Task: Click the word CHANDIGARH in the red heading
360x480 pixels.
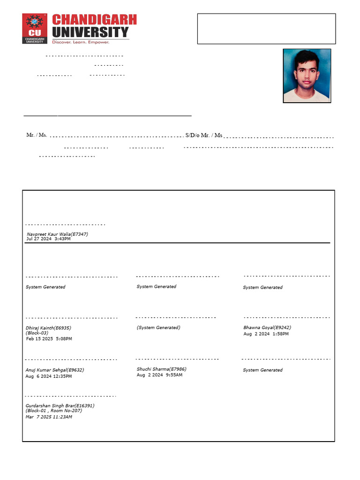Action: (94, 20)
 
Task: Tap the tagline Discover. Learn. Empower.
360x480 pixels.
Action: (81, 42)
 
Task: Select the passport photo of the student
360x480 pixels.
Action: (307, 75)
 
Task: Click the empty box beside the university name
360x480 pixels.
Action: (266, 29)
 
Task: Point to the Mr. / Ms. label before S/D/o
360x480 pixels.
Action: (37, 135)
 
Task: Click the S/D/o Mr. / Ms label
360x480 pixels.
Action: (203, 135)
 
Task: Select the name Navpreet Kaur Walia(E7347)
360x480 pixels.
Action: (57, 234)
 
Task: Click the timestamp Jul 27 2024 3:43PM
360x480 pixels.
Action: (48, 239)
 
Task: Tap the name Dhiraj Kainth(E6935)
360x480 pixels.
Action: (48, 328)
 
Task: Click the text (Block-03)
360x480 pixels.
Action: (37, 333)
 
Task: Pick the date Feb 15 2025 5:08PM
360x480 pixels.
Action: (49, 338)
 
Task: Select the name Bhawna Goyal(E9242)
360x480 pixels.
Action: (267, 328)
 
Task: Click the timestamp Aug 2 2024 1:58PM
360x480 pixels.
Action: (266, 334)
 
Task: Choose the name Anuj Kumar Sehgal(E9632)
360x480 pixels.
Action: (55, 370)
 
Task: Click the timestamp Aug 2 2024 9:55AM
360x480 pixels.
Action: (159, 375)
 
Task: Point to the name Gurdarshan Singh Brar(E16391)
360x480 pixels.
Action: (60, 405)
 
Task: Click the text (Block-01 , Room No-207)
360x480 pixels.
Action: (53, 411)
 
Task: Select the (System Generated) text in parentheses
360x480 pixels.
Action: (158, 328)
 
